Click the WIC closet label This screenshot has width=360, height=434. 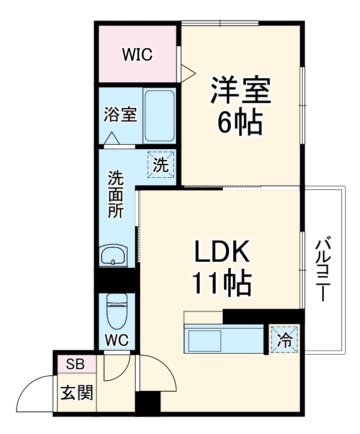click(137, 55)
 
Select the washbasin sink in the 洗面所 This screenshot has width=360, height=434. click(115, 257)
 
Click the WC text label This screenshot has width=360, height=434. click(117, 341)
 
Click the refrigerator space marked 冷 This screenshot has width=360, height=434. click(285, 341)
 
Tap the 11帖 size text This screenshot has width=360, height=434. click(222, 284)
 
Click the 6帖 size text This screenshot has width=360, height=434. click(240, 123)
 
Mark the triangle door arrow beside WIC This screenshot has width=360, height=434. click(188, 71)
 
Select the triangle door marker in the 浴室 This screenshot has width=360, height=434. click(112, 138)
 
